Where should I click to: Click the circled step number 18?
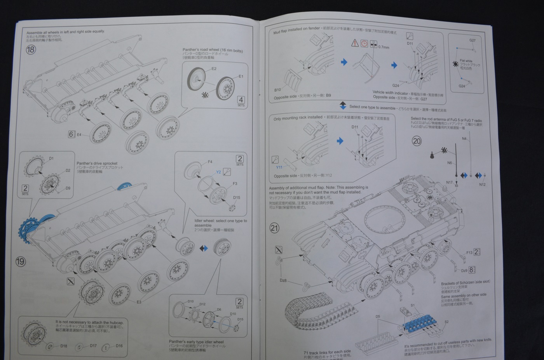(x=31, y=50)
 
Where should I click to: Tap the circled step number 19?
(x=20, y=261)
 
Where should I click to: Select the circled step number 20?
(x=417, y=141)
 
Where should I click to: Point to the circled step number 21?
(x=274, y=228)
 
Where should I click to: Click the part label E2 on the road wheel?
(x=214, y=69)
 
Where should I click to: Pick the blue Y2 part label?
(x=218, y=172)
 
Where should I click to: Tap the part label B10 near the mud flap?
(x=277, y=90)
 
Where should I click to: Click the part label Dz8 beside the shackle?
(x=283, y=280)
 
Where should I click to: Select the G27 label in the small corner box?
(x=472, y=40)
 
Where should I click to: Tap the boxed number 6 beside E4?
(x=71, y=134)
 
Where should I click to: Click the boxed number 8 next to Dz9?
(x=471, y=270)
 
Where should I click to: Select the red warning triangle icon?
(x=355, y=43)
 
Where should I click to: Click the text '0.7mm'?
(x=384, y=47)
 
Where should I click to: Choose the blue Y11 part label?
(x=279, y=167)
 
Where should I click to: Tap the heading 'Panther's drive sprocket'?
(x=97, y=163)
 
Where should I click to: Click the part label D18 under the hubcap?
(x=64, y=346)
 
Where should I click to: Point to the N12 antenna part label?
(x=482, y=184)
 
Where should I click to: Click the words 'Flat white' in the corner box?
(x=466, y=61)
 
